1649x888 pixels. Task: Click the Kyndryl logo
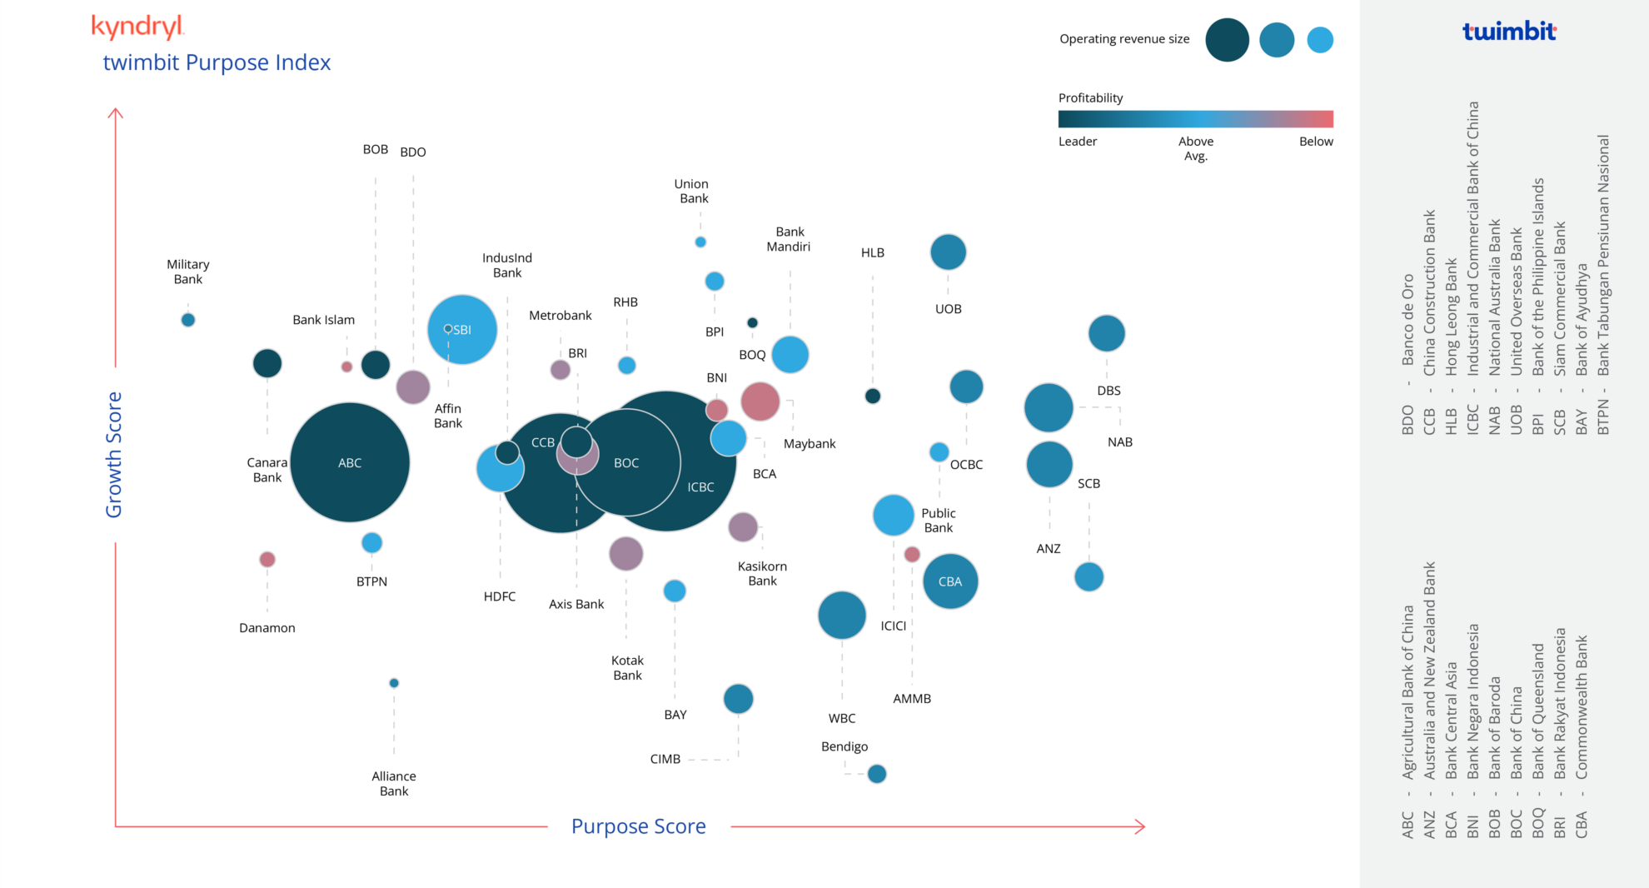point(137,27)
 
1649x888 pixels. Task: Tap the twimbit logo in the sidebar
point(1509,32)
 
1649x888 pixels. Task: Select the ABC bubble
point(350,462)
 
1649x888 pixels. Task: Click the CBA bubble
point(950,581)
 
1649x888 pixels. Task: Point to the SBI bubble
point(462,330)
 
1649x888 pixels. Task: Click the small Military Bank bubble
point(188,320)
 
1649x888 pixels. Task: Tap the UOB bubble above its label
point(948,252)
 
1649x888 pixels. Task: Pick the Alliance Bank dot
point(394,683)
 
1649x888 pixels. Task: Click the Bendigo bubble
point(877,774)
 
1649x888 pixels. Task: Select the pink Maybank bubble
point(760,402)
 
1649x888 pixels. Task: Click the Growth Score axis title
point(114,455)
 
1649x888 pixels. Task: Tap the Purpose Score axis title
point(638,826)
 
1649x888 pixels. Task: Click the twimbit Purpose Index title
point(217,62)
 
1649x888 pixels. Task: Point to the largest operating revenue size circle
point(1227,40)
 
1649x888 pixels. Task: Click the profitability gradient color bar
point(1195,118)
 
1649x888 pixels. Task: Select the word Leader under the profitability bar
point(1077,142)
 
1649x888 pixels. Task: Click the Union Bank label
point(692,191)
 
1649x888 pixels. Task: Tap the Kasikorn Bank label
point(762,573)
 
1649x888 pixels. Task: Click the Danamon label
point(267,628)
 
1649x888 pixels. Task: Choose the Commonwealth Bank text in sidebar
point(1582,706)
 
